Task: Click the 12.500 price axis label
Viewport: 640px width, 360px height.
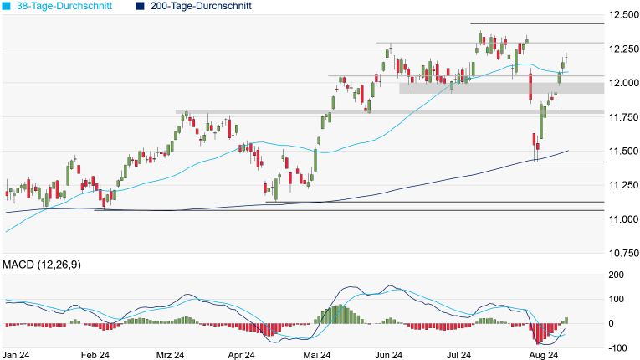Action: (x=623, y=15)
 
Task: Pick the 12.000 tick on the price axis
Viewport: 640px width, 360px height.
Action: (x=623, y=83)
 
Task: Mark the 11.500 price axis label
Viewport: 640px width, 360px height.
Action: (x=623, y=151)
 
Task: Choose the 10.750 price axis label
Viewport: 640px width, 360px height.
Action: (x=623, y=253)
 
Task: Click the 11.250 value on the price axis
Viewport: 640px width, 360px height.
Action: (x=623, y=185)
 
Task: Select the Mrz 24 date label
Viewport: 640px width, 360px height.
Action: (x=172, y=355)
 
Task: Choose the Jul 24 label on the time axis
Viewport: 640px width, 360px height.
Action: (x=469, y=355)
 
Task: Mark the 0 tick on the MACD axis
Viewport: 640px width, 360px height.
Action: (x=612, y=323)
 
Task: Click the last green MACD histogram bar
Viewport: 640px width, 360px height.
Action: (x=566, y=321)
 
